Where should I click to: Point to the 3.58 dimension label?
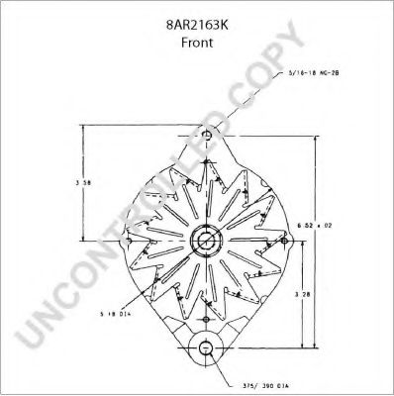tap(88, 183)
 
